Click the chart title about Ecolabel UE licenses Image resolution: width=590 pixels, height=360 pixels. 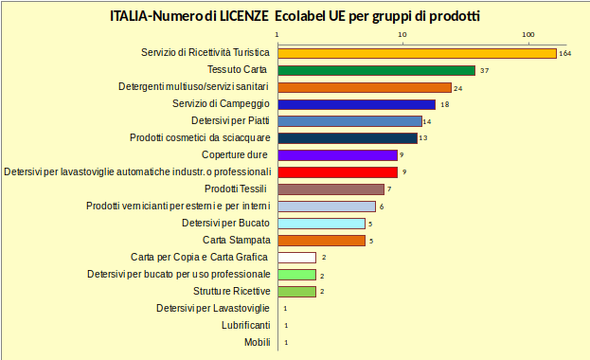click(295, 17)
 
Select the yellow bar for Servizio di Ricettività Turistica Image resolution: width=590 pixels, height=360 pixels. click(417, 53)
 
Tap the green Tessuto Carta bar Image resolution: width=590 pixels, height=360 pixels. click(376, 70)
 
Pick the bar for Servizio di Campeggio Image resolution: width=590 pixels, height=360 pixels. click(356, 104)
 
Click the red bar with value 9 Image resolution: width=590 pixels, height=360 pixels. click(337, 172)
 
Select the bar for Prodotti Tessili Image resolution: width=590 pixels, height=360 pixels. click(331, 189)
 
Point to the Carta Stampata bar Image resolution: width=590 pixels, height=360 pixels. click(321, 241)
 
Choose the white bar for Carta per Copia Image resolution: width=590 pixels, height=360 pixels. click(296, 258)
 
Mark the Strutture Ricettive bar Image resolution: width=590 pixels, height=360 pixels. click(296, 292)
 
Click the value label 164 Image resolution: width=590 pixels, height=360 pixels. click(565, 53)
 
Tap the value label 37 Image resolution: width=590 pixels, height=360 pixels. click(484, 71)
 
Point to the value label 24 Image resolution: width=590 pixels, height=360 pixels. click(458, 88)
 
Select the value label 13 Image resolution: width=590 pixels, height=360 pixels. click(423, 138)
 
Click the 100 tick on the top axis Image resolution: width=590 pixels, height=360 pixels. click(528, 35)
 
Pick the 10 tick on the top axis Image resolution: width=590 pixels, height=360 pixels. click(402, 35)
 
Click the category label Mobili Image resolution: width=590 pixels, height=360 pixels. click(257, 342)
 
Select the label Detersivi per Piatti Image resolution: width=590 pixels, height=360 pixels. click(230, 120)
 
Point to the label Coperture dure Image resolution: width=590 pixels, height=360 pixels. click(236, 154)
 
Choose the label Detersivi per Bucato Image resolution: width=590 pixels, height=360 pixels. click(225, 223)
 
